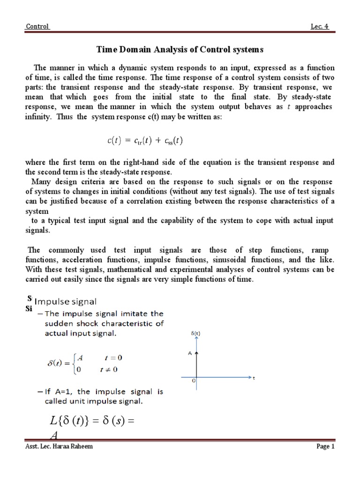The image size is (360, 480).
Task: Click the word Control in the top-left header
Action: [37, 27]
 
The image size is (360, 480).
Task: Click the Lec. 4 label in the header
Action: [320, 27]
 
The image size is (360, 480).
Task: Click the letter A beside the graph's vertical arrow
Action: [190, 354]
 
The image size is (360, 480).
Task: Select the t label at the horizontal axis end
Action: [254, 377]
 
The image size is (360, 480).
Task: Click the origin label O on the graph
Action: [193, 382]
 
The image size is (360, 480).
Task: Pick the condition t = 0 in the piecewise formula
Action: [112, 358]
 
